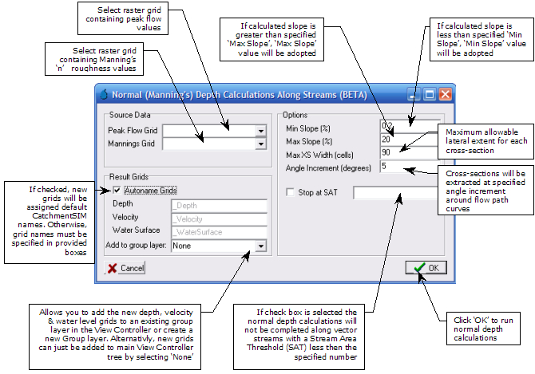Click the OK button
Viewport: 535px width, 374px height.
click(426, 267)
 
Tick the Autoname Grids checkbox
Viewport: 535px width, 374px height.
click(117, 190)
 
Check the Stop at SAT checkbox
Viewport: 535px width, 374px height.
click(290, 192)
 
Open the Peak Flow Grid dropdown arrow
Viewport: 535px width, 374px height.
click(260, 131)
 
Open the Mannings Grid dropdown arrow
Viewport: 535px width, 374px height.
click(260, 144)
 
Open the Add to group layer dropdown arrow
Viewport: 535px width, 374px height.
click(260, 246)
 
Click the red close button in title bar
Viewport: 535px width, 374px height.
click(444, 94)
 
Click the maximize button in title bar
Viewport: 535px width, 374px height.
click(429, 94)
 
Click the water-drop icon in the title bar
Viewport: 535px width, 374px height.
click(101, 94)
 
